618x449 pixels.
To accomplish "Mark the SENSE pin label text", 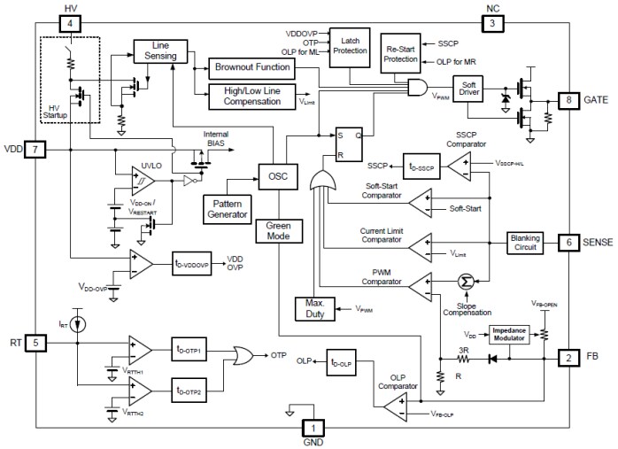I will (594, 241).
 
